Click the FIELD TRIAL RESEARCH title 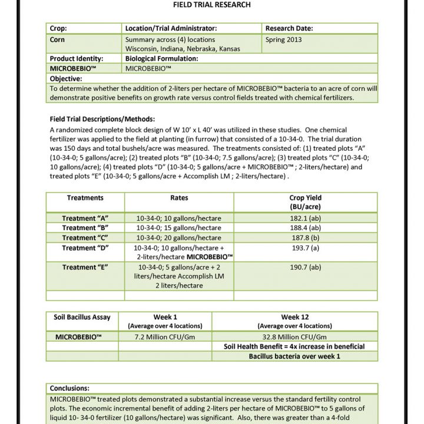211,5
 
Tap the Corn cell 58,39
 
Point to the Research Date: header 289,28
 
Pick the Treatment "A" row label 85,218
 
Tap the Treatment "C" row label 85,238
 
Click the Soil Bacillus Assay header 82,317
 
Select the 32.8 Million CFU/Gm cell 294,337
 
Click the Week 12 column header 294,317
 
